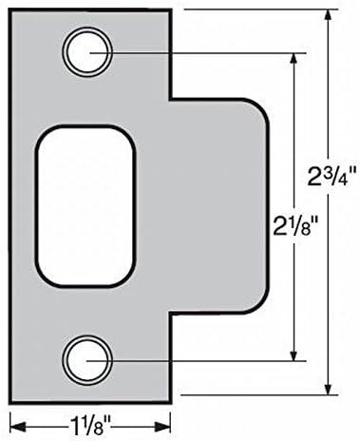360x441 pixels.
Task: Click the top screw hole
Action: [x=87, y=52]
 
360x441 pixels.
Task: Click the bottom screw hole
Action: [x=87, y=360]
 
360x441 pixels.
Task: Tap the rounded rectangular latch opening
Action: [x=85, y=206]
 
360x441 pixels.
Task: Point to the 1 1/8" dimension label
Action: [x=89, y=428]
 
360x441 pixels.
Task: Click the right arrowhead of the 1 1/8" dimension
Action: [x=163, y=427]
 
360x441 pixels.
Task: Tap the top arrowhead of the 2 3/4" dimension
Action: [x=329, y=17]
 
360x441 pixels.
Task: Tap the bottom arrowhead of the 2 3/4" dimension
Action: [x=329, y=388]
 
